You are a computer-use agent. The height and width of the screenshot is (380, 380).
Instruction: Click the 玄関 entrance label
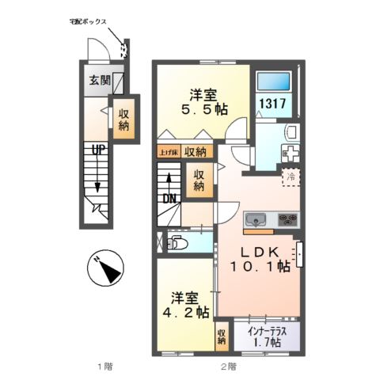pos(99,79)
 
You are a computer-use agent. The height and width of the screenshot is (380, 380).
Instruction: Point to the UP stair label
pos(97,149)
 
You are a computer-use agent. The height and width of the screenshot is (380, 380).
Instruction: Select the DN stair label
pos(169,199)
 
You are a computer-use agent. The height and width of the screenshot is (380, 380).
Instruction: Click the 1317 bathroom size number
pos(272,103)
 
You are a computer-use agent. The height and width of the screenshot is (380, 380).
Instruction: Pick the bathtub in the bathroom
pos(272,81)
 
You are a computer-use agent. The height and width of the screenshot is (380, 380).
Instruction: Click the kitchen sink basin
pos(258,219)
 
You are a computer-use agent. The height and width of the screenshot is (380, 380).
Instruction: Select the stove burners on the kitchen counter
pos(287,219)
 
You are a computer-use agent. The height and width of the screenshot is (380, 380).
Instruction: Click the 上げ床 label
pos(167,152)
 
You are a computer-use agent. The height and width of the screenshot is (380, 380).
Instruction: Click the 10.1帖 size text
pos(258,267)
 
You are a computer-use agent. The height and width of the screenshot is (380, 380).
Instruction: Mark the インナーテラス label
pos(272,331)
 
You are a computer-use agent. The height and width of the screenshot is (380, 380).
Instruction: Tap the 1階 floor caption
pos(104,366)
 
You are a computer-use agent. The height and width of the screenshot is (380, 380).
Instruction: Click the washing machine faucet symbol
pos(289,152)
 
